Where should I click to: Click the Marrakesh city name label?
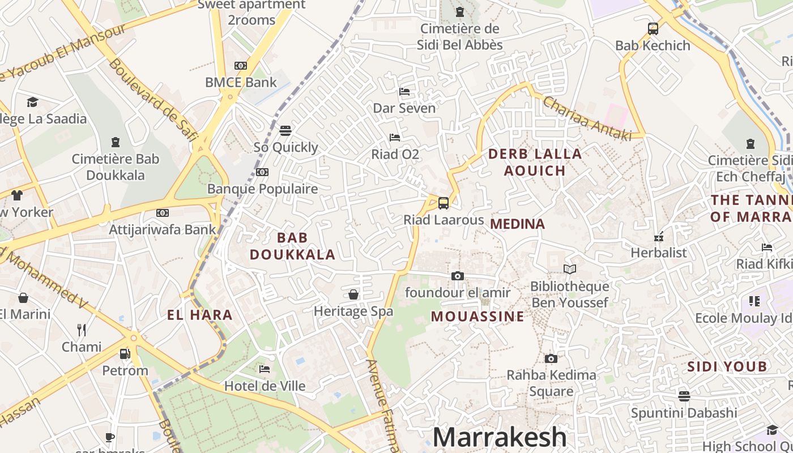coord(500,437)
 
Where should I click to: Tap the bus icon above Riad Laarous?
coord(444,203)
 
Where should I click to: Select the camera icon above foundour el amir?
coord(458,276)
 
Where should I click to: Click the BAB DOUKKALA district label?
coord(292,246)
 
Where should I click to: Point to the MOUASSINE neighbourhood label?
coord(478,317)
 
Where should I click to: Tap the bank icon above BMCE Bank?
coord(241,66)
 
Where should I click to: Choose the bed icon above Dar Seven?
coord(404,91)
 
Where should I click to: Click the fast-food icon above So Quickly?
coord(285,131)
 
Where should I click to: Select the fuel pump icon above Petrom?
coord(125,354)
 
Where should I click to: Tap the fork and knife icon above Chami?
coord(82,330)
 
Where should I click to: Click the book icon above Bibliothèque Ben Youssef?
coord(570,270)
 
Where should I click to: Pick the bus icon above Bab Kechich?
coord(653,28)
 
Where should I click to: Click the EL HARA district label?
coord(200,315)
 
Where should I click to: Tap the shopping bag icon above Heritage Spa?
coord(353,294)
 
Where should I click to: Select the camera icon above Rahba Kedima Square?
coord(551,358)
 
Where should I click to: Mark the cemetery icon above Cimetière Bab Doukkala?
coord(116,142)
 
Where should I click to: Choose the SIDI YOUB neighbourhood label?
coord(727,367)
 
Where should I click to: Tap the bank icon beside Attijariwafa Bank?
coord(163,213)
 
